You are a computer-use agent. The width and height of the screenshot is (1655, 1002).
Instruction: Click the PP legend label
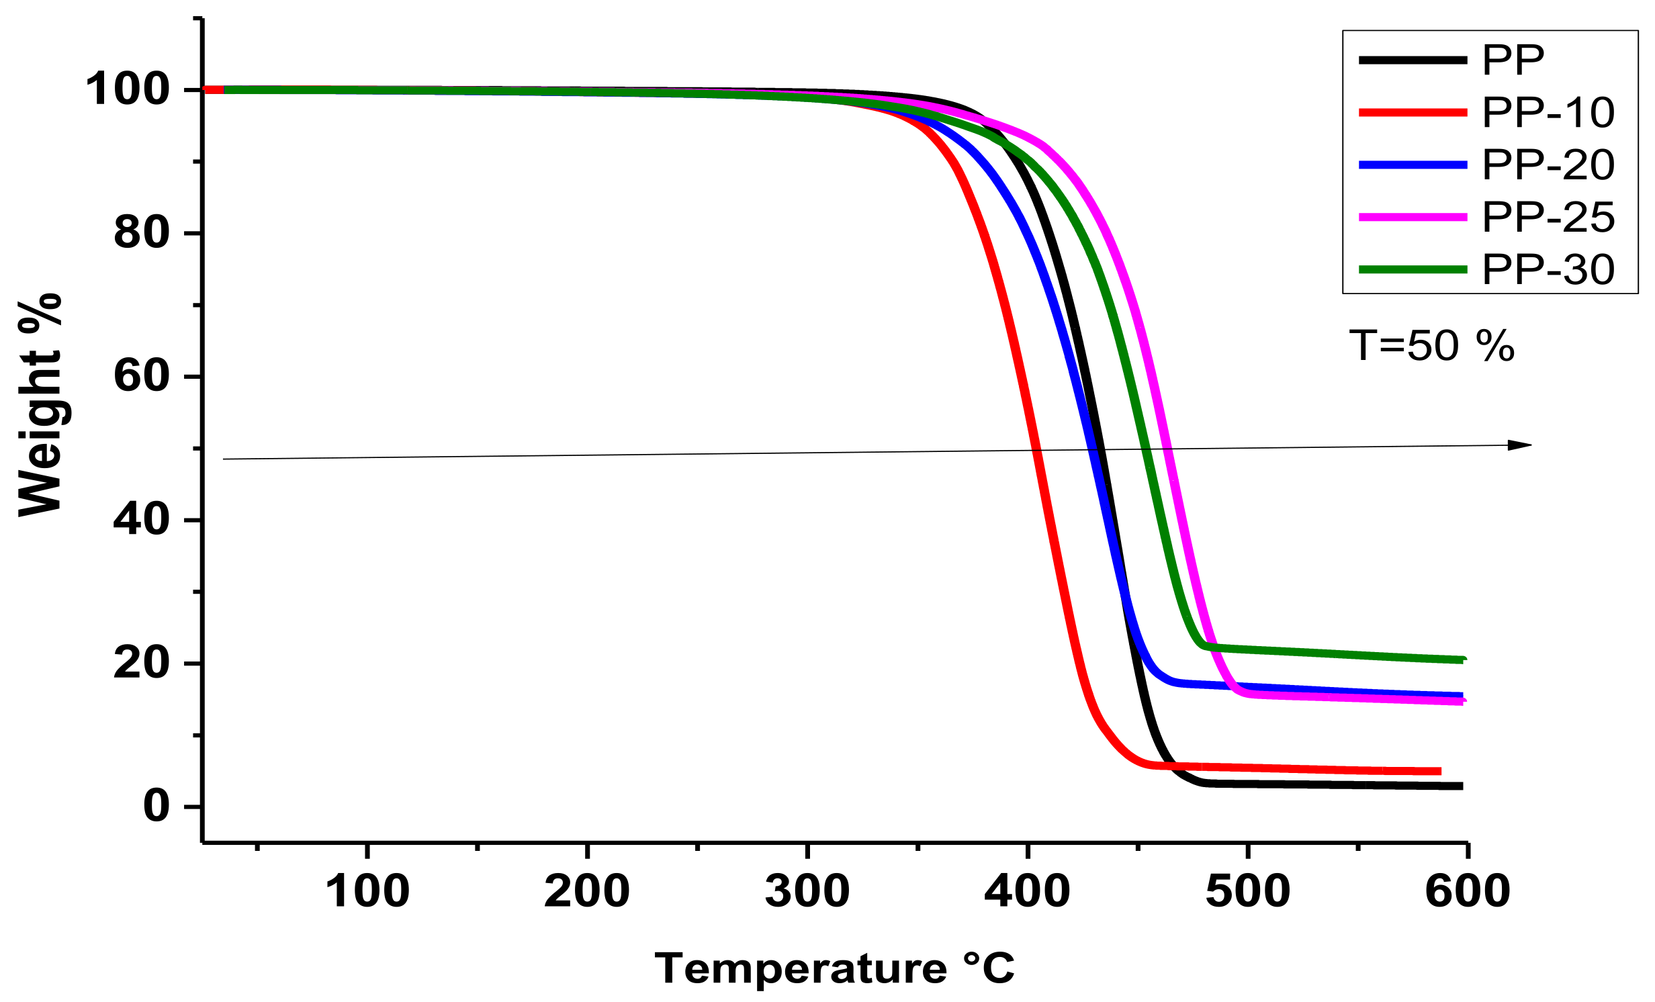click(x=1513, y=60)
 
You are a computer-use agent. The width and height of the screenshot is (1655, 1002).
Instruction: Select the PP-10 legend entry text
click(x=1548, y=113)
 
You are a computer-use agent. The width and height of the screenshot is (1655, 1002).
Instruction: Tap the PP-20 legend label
click(x=1548, y=165)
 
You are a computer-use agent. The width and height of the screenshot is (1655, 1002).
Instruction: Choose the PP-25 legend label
click(x=1548, y=218)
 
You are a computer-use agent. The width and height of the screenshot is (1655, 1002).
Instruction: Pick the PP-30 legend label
click(x=1548, y=270)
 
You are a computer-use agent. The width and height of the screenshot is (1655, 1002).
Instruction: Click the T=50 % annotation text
click(x=1431, y=347)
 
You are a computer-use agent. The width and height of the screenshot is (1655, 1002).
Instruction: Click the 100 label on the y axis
click(x=128, y=89)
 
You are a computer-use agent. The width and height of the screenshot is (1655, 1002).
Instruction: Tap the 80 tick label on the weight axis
click(x=142, y=233)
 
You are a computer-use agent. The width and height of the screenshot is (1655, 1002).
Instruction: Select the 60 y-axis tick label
click(x=142, y=376)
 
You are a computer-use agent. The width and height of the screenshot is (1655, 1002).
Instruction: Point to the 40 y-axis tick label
click(x=142, y=520)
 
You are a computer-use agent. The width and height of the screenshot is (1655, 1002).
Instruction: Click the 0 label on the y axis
click(x=156, y=806)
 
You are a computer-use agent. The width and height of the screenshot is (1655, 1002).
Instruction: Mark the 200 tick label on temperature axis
click(x=587, y=892)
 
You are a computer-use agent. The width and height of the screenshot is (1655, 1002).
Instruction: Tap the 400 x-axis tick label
click(x=1027, y=892)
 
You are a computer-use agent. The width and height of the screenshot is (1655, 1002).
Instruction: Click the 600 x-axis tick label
click(x=1468, y=892)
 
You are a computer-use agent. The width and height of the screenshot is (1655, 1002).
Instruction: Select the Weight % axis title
click(x=40, y=406)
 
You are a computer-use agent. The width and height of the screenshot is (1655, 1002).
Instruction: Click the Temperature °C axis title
click(x=834, y=968)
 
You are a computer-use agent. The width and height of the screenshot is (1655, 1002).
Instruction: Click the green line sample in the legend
click(x=1413, y=270)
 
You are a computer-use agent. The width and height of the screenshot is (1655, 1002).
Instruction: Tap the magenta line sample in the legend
click(x=1413, y=218)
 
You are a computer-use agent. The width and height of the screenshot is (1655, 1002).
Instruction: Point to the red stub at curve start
click(x=213, y=90)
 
